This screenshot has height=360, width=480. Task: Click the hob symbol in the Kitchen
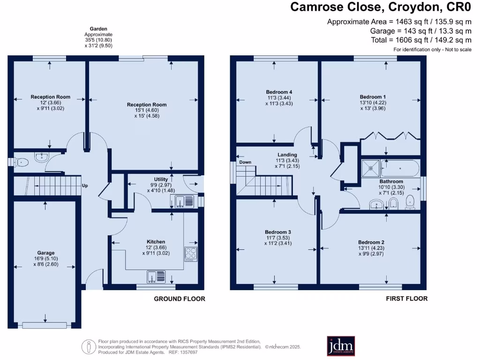point(191,254)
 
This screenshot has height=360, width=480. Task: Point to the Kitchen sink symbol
point(156,277)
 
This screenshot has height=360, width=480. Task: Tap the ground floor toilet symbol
point(21,162)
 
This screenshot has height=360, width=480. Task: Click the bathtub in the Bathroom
point(401,167)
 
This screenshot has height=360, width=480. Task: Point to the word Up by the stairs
point(85,186)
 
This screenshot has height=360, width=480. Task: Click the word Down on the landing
point(245,162)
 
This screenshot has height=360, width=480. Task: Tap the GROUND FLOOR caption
point(180,299)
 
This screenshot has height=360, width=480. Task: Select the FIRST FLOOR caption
point(406,299)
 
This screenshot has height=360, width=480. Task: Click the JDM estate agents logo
point(341,346)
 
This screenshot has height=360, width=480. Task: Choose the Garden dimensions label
point(98,37)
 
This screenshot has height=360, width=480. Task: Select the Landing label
point(287,155)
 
